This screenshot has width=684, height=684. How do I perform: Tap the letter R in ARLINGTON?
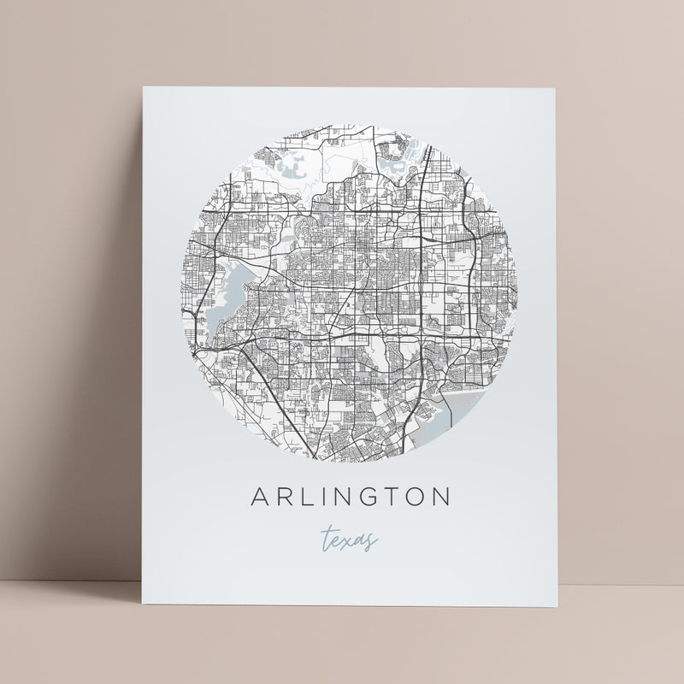click(280, 498)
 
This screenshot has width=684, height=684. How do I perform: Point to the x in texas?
click(351, 540)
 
